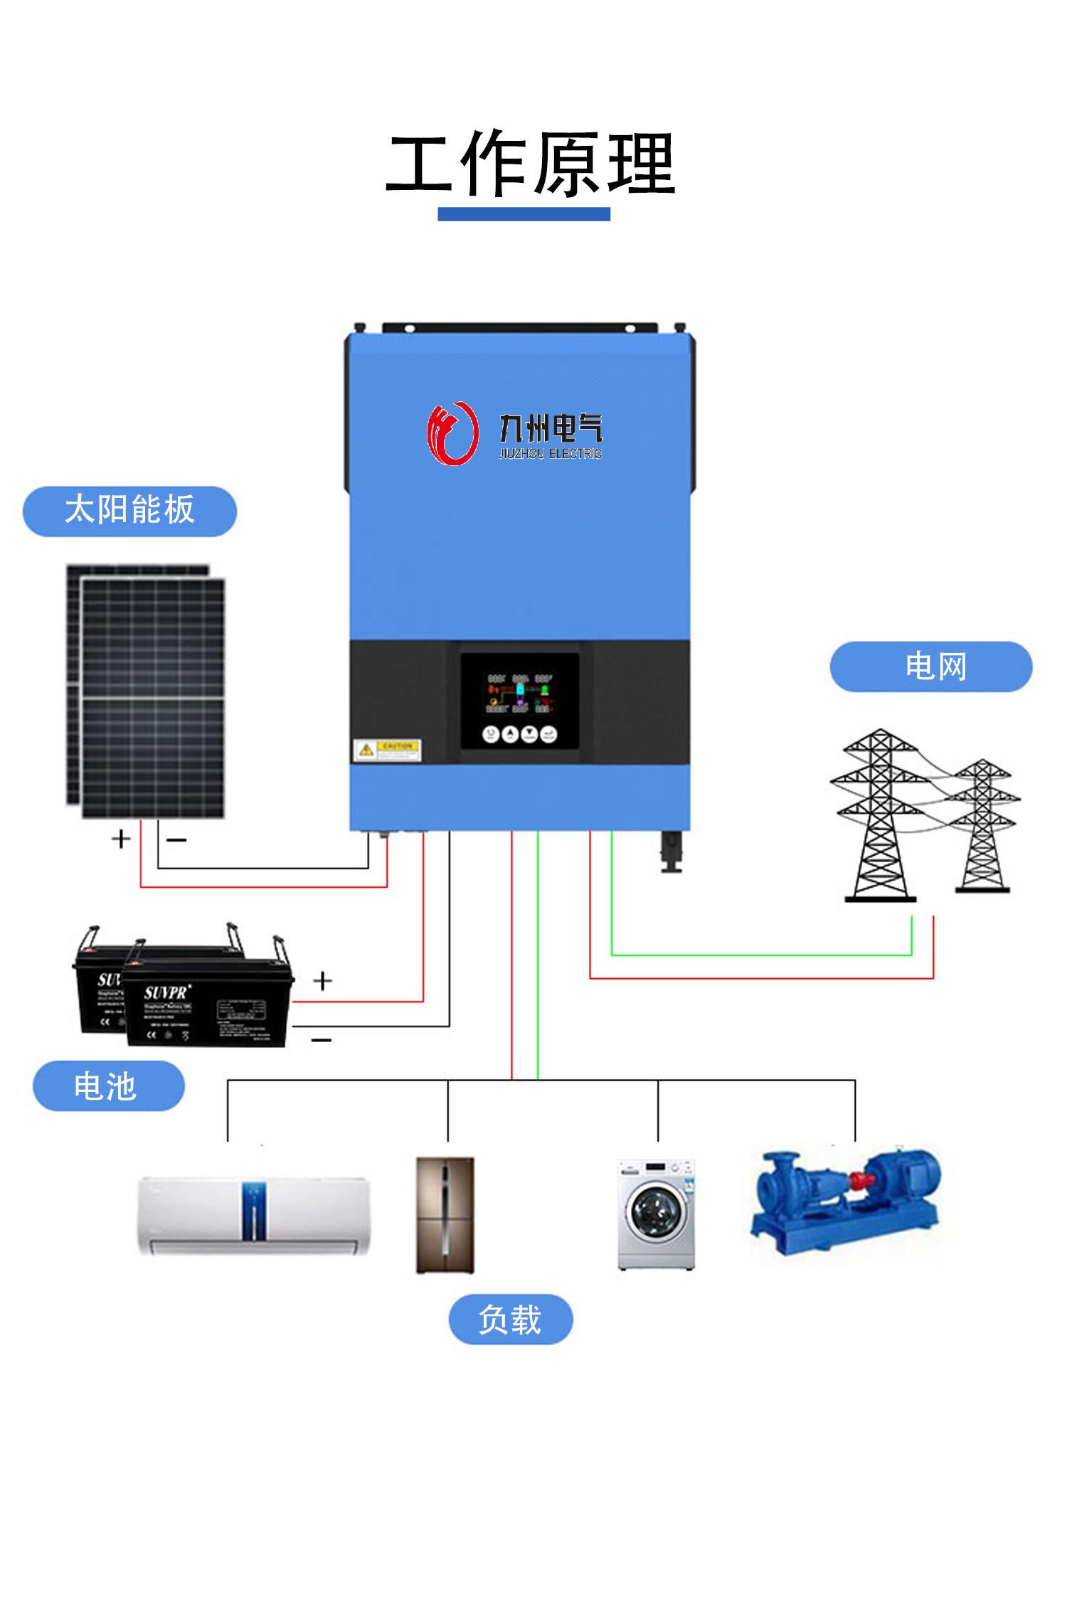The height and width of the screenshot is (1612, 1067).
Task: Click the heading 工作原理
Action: (530, 165)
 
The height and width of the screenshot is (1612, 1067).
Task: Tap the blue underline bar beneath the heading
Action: (524, 214)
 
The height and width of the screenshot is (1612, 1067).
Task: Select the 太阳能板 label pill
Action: (129, 511)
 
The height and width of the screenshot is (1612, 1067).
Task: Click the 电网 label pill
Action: (930, 667)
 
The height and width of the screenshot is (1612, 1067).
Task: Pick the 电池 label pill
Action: (108, 1086)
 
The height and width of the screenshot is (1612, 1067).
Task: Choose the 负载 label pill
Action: (510, 1320)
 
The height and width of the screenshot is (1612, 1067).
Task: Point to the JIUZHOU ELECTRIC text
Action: (550, 454)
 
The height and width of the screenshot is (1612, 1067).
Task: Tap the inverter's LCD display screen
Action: (519, 700)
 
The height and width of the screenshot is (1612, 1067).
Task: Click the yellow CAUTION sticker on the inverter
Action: (388, 750)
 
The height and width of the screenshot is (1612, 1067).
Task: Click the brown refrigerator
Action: (445, 1214)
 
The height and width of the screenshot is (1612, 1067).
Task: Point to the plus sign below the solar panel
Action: (121, 839)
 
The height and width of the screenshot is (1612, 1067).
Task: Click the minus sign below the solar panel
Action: (176, 840)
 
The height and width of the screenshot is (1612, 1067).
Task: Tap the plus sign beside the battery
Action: (322, 981)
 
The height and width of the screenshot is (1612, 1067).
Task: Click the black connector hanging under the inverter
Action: (671, 851)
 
